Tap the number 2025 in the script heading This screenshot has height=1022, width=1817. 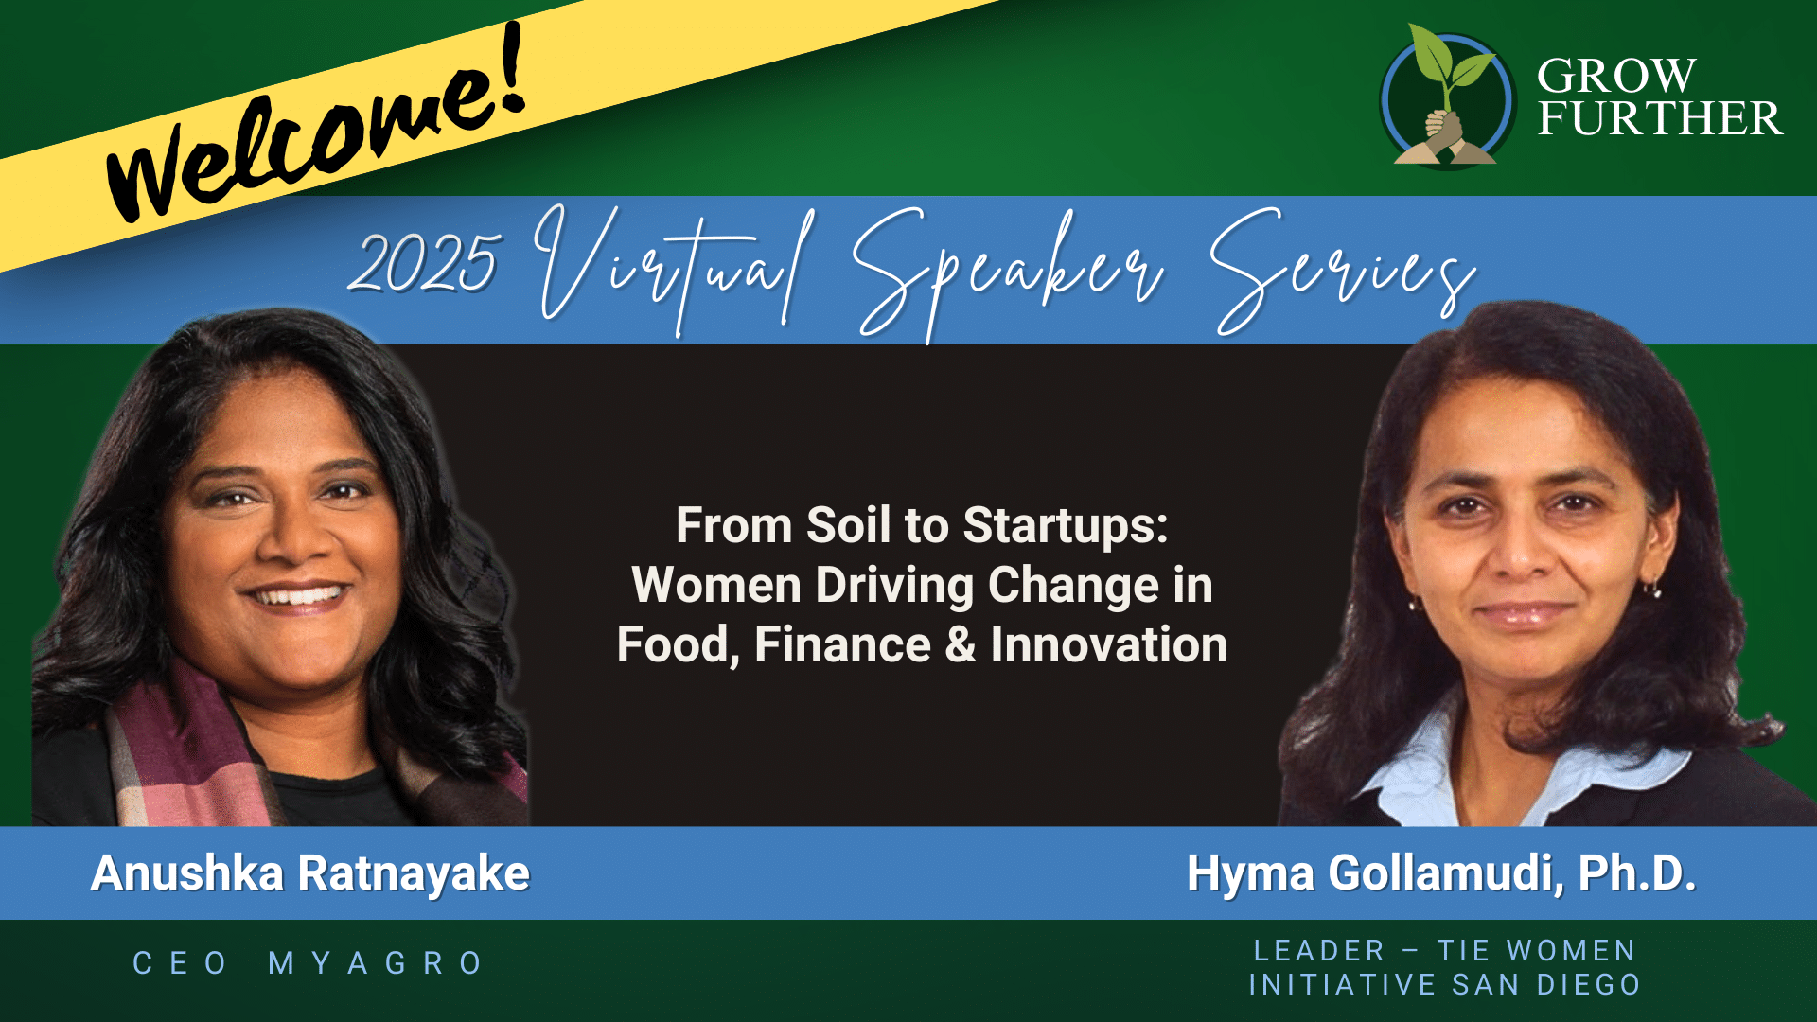coord(423,262)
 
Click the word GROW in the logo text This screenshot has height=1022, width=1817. coord(1616,76)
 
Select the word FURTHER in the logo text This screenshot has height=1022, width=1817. coord(1660,118)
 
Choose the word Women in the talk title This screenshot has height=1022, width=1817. coord(716,585)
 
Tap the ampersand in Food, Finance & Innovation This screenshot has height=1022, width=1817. coord(961,644)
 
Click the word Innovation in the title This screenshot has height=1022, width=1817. coord(1108,644)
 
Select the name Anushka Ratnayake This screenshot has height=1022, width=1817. coord(310,873)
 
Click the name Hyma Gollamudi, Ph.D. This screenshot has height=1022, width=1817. coord(1441,873)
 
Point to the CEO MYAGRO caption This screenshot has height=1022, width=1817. coord(309,963)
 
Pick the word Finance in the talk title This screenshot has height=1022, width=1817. coord(842,644)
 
